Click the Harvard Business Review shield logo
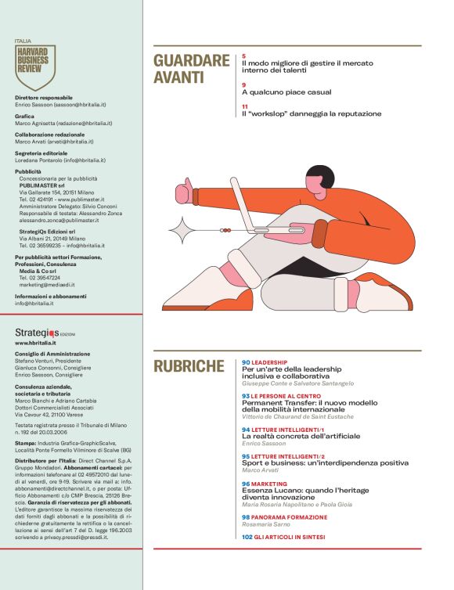(35, 67)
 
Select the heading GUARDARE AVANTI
(191, 69)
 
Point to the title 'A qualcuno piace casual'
(286, 92)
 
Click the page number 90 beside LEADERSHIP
(246, 363)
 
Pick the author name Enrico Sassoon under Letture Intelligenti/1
(265, 443)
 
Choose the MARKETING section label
(270, 484)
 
